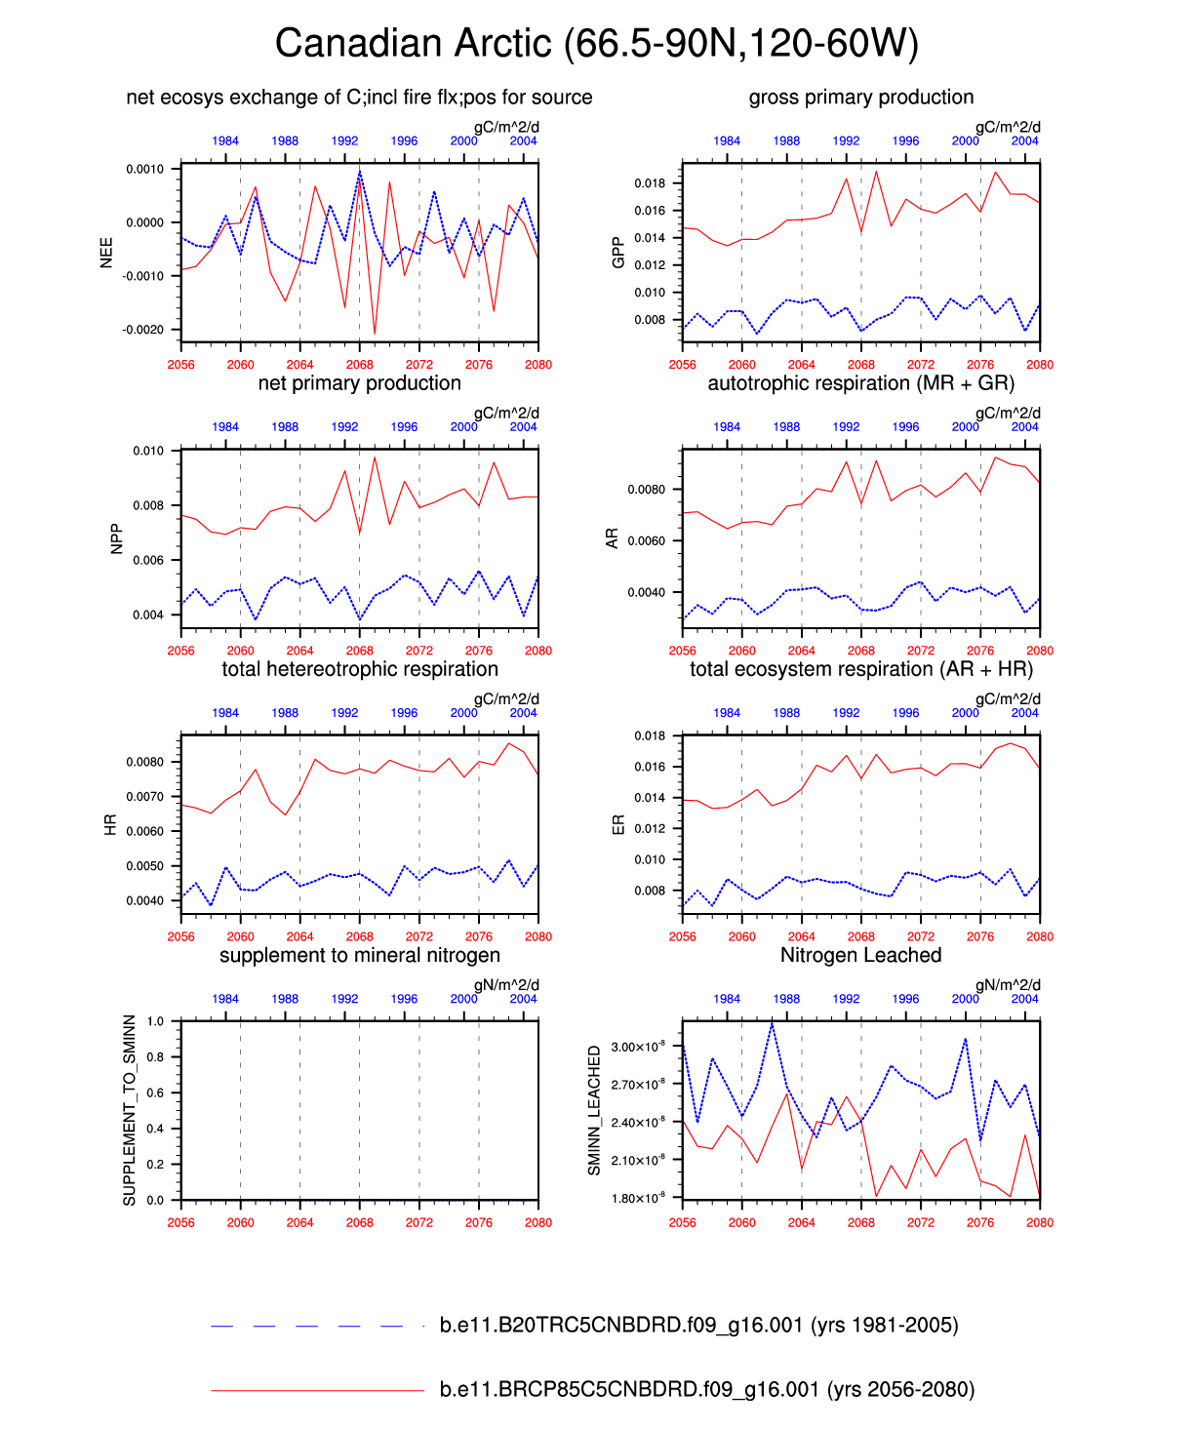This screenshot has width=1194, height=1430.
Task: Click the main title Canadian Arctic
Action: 596,44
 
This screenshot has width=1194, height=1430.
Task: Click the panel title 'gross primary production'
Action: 861,98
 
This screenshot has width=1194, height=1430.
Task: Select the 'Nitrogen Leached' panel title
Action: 861,955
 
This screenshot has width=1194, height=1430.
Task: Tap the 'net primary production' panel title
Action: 359,383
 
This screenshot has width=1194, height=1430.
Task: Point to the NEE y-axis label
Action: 106,253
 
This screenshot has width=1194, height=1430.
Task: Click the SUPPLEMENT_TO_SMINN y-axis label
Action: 130,1110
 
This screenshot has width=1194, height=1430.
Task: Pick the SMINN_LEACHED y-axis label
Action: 594,1110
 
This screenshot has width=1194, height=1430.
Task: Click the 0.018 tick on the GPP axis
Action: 650,183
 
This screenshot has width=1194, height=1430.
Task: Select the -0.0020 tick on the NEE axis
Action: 143,330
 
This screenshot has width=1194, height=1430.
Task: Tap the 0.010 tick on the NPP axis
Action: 148,451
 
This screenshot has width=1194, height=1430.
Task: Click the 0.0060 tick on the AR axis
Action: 646,541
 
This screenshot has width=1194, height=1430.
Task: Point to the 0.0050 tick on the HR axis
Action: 144,866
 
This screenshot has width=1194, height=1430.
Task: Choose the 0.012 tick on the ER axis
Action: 650,829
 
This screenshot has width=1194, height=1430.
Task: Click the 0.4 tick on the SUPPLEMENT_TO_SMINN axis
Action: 156,1129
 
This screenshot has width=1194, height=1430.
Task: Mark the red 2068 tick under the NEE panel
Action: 359,365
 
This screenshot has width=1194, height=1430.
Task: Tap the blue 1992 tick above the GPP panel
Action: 846,141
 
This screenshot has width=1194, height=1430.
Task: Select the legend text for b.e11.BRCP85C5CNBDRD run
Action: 707,1389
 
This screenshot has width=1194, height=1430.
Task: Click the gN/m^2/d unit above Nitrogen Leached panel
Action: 1008,985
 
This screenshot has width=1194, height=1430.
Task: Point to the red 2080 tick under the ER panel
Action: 1040,936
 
